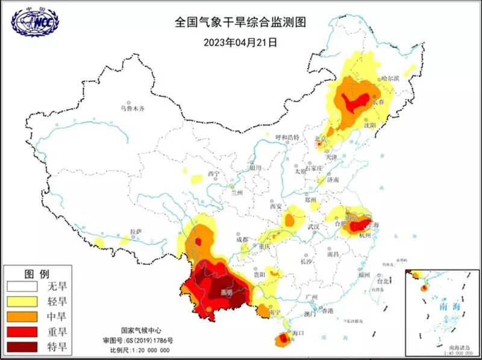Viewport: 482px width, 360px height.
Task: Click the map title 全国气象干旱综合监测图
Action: [241, 22]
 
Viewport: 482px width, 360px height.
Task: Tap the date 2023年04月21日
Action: [240, 43]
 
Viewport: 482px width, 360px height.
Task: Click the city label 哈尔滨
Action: [390, 78]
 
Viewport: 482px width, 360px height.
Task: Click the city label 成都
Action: [242, 239]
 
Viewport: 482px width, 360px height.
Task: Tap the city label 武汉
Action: [313, 227]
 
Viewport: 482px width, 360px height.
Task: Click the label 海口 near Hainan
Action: [296, 332]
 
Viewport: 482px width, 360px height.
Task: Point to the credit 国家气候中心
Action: [140, 330]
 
